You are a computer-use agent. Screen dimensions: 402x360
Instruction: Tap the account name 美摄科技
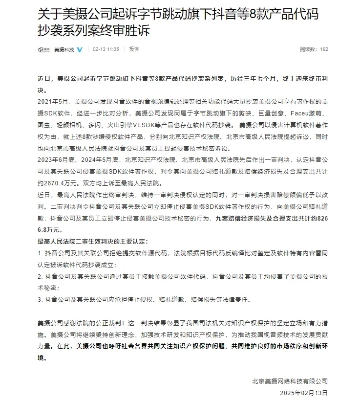[x=64, y=49]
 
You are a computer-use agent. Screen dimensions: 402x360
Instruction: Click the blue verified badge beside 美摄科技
[x=80, y=49]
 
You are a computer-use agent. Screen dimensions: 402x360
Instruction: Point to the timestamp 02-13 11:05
[x=106, y=49]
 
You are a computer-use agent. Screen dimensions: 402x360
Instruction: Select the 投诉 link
[x=134, y=49]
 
